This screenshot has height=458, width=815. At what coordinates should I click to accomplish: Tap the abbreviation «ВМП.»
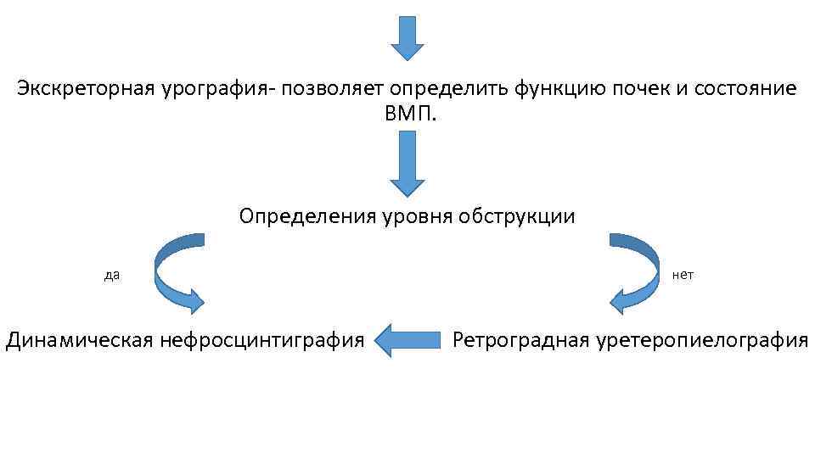click(407, 114)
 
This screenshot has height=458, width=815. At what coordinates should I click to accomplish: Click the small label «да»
click(111, 275)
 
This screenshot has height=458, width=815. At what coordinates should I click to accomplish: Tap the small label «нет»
click(683, 275)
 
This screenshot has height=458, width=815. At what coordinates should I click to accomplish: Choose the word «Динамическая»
click(79, 341)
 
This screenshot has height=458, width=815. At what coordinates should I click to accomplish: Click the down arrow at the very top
click(407, 37)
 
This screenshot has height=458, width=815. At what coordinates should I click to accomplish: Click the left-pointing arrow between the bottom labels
click(407, 340)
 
